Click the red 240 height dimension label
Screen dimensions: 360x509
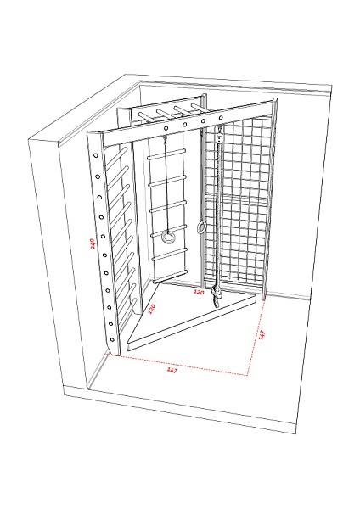(x=93, y=243)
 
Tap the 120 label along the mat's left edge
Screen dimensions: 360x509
(x=152, y=309)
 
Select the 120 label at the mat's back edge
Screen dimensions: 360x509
(x=199, y=292)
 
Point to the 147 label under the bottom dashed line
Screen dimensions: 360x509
(x=172, y=370)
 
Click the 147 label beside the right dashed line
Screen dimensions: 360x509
(x=262, y=335)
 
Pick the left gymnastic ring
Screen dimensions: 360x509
(x=168, y=238)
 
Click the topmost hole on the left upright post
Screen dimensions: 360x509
(x=96, y=155)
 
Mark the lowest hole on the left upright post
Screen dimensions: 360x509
(x=112, y=340)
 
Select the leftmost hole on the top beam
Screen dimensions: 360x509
(x=166, y=128)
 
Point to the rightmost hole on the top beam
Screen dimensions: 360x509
(x=221, y=118)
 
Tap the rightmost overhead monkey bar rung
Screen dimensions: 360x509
(x=200, y=108)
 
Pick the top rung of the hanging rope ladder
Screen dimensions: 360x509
(x=166, y=154)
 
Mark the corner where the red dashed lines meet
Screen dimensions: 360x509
(x=247, y=375)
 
